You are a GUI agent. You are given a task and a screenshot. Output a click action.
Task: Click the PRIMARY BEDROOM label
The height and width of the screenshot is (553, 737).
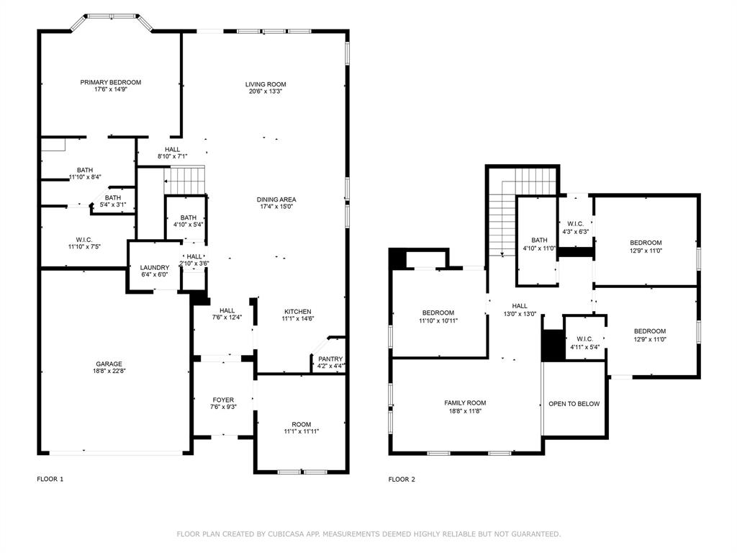[x=110, y=83]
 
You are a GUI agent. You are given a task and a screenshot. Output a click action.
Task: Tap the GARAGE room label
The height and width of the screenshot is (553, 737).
[x=109, y=364]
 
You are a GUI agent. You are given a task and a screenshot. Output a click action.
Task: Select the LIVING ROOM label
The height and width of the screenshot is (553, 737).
[x=266, y=84]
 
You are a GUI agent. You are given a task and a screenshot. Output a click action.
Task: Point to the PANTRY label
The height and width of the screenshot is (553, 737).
[x=330, y=359]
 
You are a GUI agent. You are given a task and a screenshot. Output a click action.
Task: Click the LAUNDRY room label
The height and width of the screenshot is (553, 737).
[x=155, y=268]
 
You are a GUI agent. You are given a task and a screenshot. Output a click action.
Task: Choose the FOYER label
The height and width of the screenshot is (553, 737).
[x=223, y=400]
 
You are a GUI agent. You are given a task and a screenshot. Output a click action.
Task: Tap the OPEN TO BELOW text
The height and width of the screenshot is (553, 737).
[x=574, y=404]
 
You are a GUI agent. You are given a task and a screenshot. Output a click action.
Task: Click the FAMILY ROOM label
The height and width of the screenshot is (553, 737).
[x=465, y=403]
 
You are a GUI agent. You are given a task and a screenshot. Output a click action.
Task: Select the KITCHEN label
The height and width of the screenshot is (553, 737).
[x=297, y=312]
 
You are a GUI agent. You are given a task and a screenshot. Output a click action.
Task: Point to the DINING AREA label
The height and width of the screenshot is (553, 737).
[x=276, y=199]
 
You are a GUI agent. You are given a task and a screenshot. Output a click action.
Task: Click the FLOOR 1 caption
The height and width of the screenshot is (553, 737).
[x=50, y=479]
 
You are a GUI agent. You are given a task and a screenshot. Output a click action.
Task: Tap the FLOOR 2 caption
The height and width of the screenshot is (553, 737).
[x=402, y=479]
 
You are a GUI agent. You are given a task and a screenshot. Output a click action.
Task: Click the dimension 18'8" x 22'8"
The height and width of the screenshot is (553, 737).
[x=109, y=372]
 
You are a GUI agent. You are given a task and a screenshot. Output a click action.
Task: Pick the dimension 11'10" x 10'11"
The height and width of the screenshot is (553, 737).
[x=438, y=320]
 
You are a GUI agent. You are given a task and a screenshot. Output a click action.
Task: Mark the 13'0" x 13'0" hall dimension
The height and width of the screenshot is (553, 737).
[x=520, y=313]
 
